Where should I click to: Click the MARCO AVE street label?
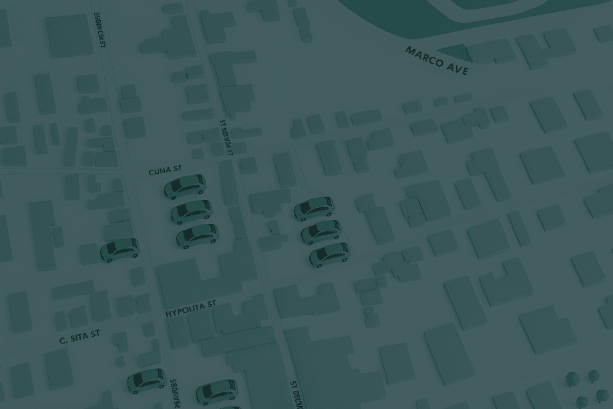coord(437,60)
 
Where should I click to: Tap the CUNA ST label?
coord(165,171)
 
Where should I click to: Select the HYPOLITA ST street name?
coord(191,309)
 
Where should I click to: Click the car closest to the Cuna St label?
coord(185,186)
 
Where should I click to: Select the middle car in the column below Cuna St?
coord(192,211)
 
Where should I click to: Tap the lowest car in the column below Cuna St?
coord(198,235)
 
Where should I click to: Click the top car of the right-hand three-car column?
coord(315,208)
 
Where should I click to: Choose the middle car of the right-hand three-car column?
coord(321,231)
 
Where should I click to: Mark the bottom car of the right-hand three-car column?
coord(329,254)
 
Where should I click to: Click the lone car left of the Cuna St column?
coord(120,249)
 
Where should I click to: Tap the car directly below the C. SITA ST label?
coord(146,380)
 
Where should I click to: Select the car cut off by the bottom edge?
coord(216,390)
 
